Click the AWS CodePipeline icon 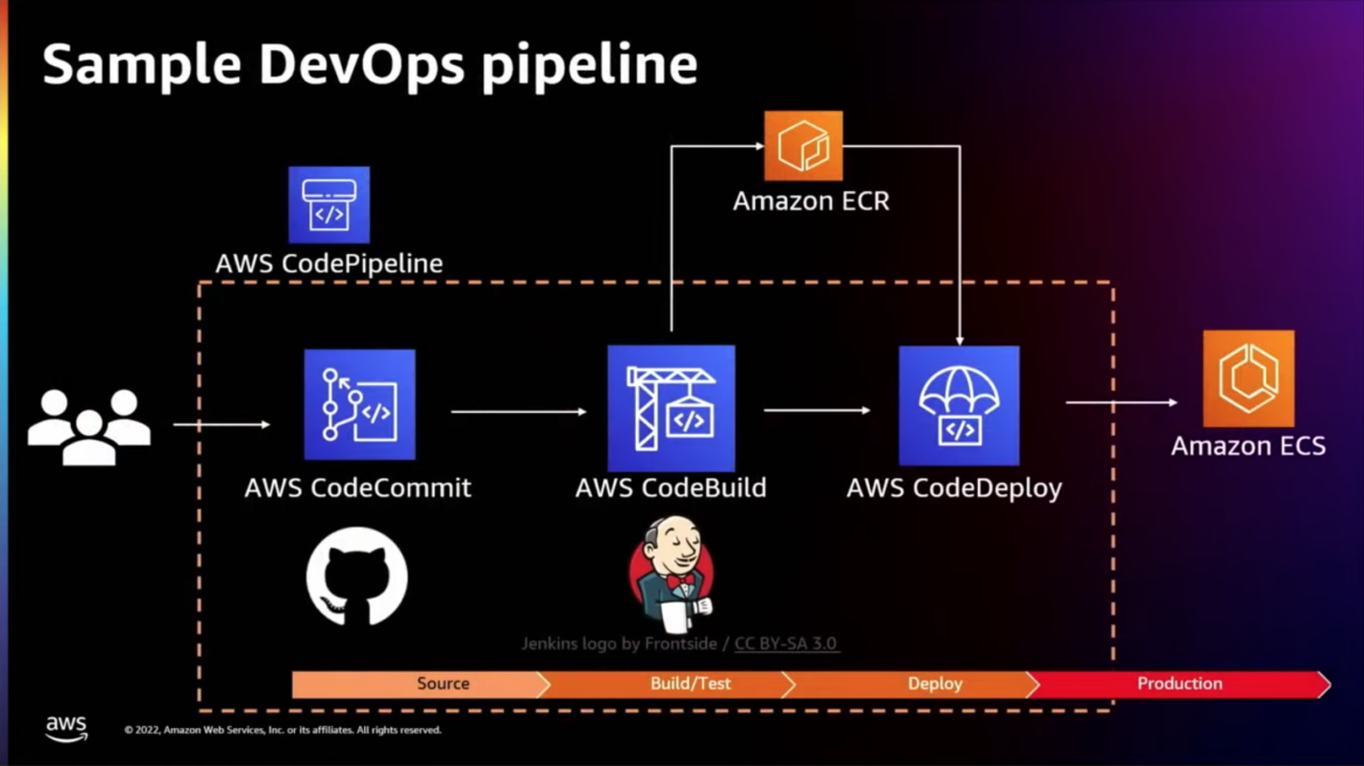[329, 205]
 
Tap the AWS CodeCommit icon [359, 405]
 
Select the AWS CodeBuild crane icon [670, 408]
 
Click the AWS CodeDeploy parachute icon [958, 406]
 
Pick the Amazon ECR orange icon [803, 146]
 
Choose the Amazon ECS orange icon [1248, 379]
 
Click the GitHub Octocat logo [357, 577]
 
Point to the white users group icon [89, 426]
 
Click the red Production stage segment [1179, 683]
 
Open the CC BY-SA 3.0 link [785, 644]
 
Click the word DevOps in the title [361, 65]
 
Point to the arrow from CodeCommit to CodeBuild [519, 412]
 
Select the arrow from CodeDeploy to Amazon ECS [1121, 402]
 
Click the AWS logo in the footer [67, 728]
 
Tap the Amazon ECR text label [811, 201]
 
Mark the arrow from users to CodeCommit [221, 424]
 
